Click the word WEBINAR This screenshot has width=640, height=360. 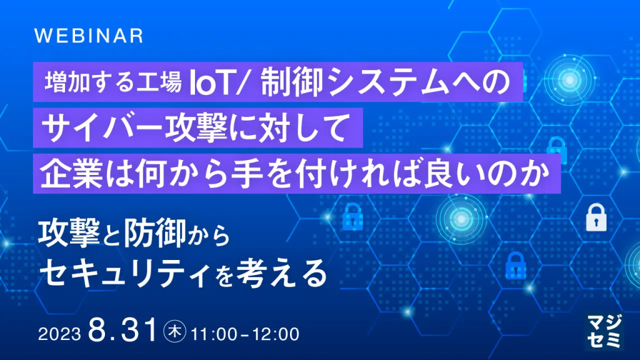click(x=89, y=36)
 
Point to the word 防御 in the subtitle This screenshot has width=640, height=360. click(x=151, y=234)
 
